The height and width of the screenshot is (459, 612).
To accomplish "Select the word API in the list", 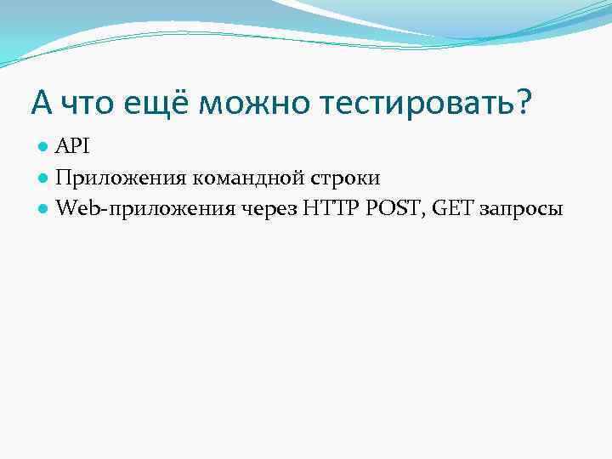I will click(73, 147).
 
